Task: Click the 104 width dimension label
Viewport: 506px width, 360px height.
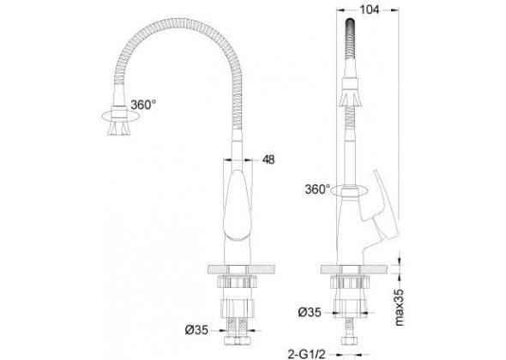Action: click(x=369, y=9)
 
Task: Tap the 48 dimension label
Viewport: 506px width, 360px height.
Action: click(x=268, y=159)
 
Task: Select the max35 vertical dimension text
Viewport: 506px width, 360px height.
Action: click(x=399, y=307)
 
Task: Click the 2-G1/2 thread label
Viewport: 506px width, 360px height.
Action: click(x=306, y=354)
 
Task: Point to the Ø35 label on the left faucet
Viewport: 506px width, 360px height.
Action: click(x=196, y=330)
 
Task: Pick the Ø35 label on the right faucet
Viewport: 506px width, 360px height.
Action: click(x=310, y=312)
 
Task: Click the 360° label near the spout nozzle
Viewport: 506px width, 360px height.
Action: click(x=143, y=105)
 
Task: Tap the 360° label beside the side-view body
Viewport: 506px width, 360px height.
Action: click(x=317, y=189)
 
